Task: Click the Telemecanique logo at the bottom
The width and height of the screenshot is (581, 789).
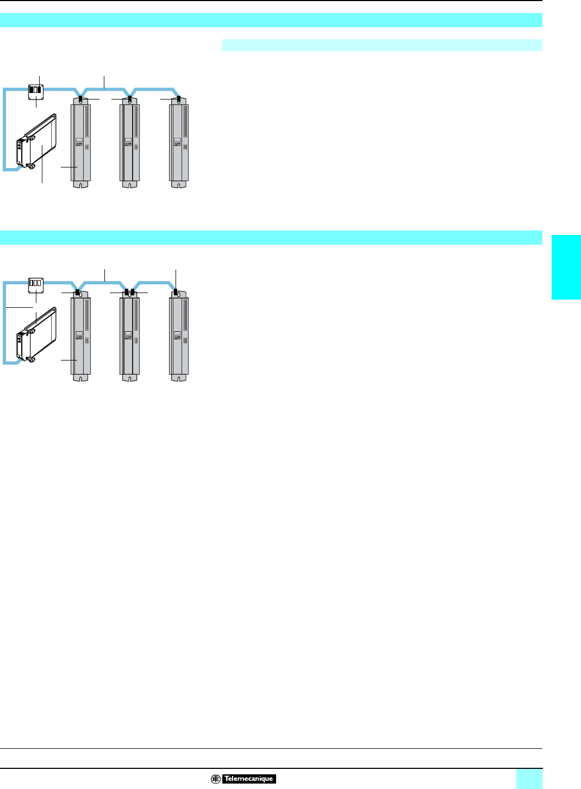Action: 243,779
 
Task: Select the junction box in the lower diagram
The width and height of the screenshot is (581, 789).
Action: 35,283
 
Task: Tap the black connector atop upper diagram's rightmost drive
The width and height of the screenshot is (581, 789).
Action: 179,99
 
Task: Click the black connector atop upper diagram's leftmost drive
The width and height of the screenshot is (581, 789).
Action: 81,99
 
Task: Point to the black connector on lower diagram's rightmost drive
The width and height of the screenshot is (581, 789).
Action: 176,291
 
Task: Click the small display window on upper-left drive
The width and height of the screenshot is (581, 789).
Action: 79,140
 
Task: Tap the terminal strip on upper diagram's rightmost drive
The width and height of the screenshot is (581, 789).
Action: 185,121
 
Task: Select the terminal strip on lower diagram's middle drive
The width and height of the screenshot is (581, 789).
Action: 136,315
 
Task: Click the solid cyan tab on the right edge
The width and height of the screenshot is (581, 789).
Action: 566,266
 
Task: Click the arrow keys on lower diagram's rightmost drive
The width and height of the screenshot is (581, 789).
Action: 177,338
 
